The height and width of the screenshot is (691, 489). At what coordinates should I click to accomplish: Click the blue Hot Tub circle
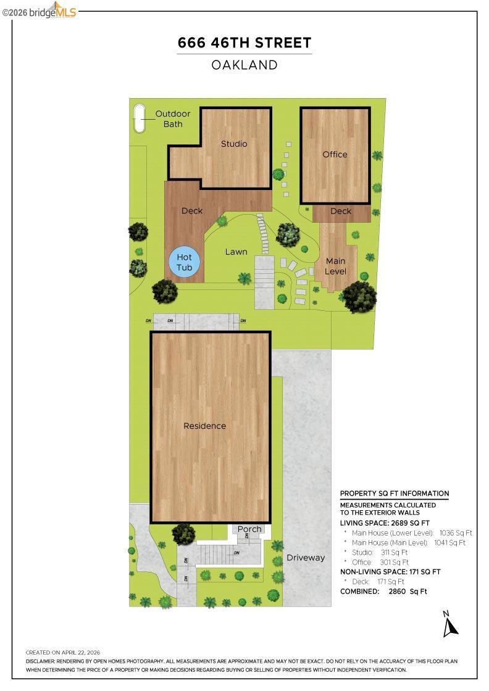[x=185, y=262]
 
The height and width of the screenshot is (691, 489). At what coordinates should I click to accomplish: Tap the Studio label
[x=234, y=144]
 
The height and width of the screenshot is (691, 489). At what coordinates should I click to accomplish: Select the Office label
[x=335, y=154]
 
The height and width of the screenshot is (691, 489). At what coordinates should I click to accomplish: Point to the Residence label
[x=204, y=426]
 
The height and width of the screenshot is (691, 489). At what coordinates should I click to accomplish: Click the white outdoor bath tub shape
[x=140, y=118]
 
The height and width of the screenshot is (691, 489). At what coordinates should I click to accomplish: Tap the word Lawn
[x=236, y=252]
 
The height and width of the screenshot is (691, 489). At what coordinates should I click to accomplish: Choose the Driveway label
[x=306, y=558]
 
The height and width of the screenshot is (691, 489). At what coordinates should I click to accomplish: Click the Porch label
[x=249, y=529]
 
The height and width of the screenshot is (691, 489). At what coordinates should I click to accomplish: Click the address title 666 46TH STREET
[x=244, y=43]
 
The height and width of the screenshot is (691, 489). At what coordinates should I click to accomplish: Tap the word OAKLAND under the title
[x=244, y=65]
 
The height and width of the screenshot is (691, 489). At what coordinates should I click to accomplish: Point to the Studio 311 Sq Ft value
[x=394, y=552]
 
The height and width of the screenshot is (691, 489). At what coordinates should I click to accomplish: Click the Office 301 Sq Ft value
[x=394, y=562]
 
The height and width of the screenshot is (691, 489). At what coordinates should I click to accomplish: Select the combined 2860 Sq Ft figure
[x=408, y=592]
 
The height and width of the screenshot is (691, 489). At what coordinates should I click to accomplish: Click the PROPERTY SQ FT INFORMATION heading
[x=395, y=494]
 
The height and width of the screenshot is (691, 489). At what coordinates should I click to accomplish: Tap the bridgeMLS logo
[x=40, y=11]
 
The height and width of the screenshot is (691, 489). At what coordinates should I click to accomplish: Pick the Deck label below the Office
[x=341, y=211]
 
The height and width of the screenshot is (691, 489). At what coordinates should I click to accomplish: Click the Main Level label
[x=335, y=266]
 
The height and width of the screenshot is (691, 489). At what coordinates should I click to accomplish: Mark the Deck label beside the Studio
[x=192, y=210]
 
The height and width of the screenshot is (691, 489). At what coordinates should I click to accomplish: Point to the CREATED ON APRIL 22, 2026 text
[x=63, y=652]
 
